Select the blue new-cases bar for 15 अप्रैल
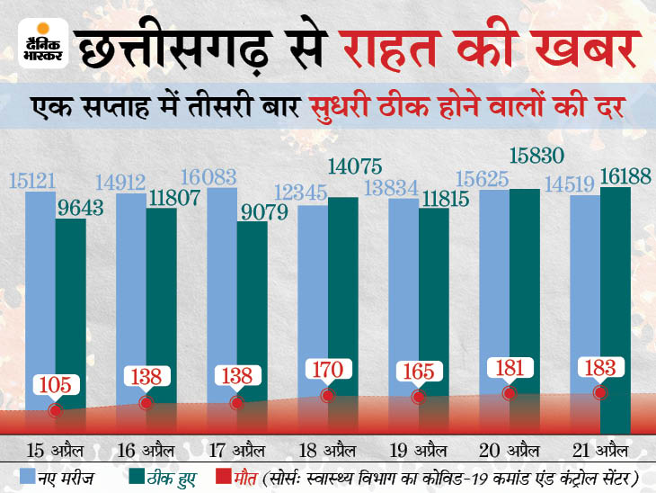(x=40, y=297)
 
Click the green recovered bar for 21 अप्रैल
(x=616, y=306)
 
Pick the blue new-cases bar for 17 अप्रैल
(x=222, y=297)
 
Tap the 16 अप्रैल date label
(x=146, y=447)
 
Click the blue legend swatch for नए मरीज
(x=22, y=474)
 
